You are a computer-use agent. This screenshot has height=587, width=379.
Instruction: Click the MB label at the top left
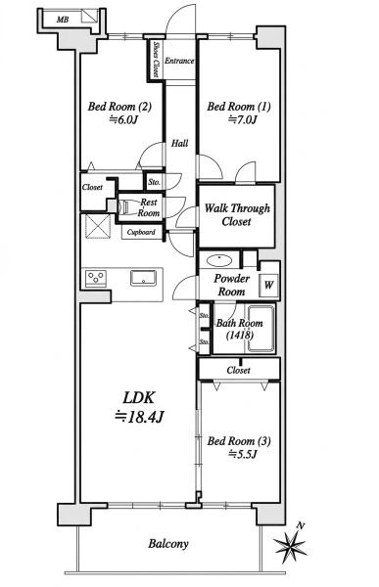(63, 20)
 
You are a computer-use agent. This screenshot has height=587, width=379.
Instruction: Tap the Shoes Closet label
(156, 59)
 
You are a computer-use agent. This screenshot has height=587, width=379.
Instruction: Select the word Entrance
(179, 61)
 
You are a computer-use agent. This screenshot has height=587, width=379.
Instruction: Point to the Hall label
(180, 143)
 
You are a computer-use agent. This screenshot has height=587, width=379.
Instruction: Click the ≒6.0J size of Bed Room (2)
(123, 120)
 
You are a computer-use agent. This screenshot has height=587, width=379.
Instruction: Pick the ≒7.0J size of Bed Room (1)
(243, 120)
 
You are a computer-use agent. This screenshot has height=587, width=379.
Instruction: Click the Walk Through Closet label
(237, 215)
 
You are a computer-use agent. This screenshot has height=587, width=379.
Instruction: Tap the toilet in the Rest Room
(125, 206)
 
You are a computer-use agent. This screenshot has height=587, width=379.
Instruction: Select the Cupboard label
(141, 232)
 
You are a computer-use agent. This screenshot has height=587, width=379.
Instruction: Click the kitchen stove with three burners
(96, 279)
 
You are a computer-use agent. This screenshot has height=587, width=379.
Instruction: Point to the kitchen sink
(143, 278)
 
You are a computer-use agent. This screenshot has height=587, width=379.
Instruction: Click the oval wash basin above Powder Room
(219, 260)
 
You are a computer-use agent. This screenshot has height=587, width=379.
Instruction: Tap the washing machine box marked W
(268, 286)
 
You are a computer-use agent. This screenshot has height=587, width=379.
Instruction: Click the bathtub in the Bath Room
(261, 329)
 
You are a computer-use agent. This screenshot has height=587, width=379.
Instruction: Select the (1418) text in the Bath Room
(240, 335)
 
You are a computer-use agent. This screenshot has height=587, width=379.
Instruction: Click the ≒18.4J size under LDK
(139, 417)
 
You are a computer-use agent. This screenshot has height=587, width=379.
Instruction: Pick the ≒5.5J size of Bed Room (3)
(243, 455)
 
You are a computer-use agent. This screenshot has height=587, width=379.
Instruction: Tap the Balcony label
(168, 544)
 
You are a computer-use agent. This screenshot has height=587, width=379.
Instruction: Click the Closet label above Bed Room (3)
(238, 370)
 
